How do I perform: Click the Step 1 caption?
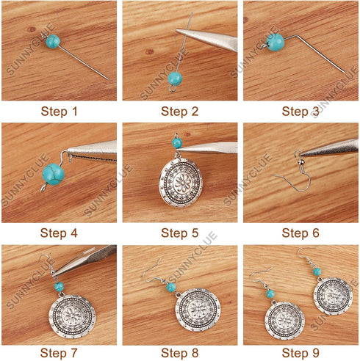tap(58, 112)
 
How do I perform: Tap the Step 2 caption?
tap(180, 112)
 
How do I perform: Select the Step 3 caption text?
tap(301, 112)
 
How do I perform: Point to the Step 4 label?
tap(58, 234)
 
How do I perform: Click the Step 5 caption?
tap(180, 234)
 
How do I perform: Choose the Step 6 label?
tap(301, 234)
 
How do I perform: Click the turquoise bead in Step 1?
tap(52, 41)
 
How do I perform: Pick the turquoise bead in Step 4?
tap(53, 175)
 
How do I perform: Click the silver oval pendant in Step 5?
tap(179, 181)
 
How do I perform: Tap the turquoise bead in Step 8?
tap(171, 287)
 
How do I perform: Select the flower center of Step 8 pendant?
tap(197, 313)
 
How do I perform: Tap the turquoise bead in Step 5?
tap(176, 142)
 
